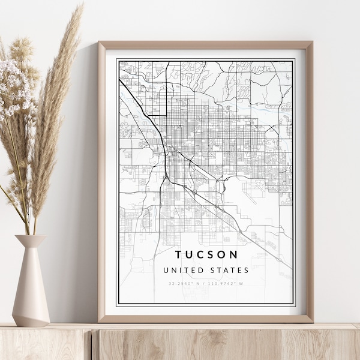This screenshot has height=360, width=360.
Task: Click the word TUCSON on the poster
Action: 206,255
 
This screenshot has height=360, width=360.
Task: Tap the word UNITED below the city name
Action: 182,271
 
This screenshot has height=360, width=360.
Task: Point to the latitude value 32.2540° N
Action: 184,284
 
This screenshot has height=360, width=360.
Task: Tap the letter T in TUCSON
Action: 178,255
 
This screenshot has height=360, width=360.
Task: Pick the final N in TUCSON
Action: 234,255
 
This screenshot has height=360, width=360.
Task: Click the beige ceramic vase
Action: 31,282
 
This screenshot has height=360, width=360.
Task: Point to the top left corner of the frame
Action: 100,43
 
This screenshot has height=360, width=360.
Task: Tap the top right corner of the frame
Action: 311,43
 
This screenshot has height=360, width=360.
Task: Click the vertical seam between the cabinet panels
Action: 92,345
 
